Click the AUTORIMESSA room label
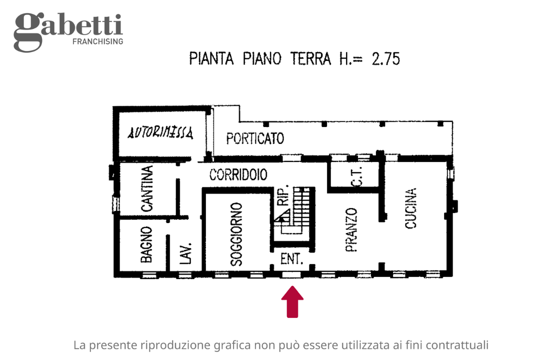(160, 133)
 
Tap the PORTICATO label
(255, 138)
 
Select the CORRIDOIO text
(238, 175)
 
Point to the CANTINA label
(147, 189)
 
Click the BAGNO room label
(146, 245)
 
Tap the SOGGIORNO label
(236, 233)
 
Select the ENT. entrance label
(292, 259)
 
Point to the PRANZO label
(351, 230)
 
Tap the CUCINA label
(410, 208)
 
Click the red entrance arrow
(292, 301)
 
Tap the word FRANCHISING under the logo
(98, 41)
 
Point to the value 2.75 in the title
(385, 59)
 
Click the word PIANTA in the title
(212, 59)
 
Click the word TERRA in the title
(310, 59)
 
